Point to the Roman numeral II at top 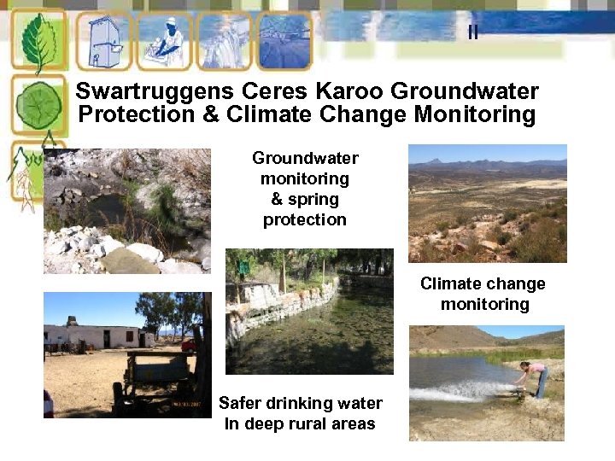[472, 32]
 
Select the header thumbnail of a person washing [163, 41]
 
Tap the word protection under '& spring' [305, 219]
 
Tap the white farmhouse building [94, 336]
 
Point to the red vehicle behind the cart [188, 345]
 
